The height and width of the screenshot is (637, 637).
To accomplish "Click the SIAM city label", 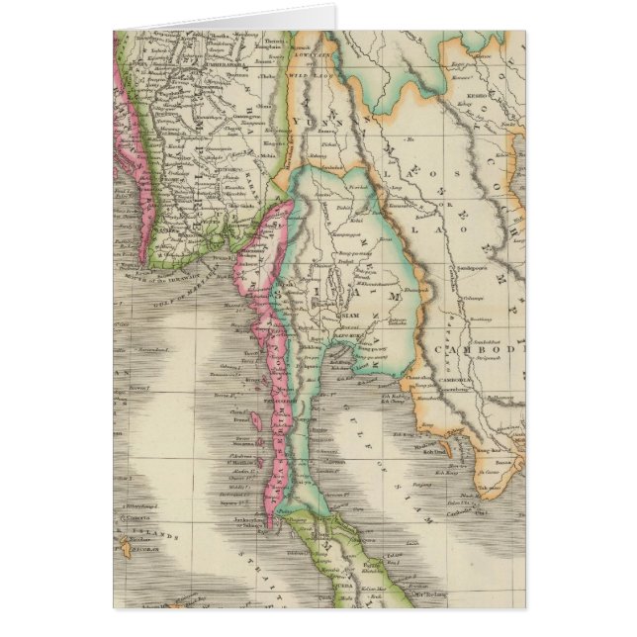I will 350,315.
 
